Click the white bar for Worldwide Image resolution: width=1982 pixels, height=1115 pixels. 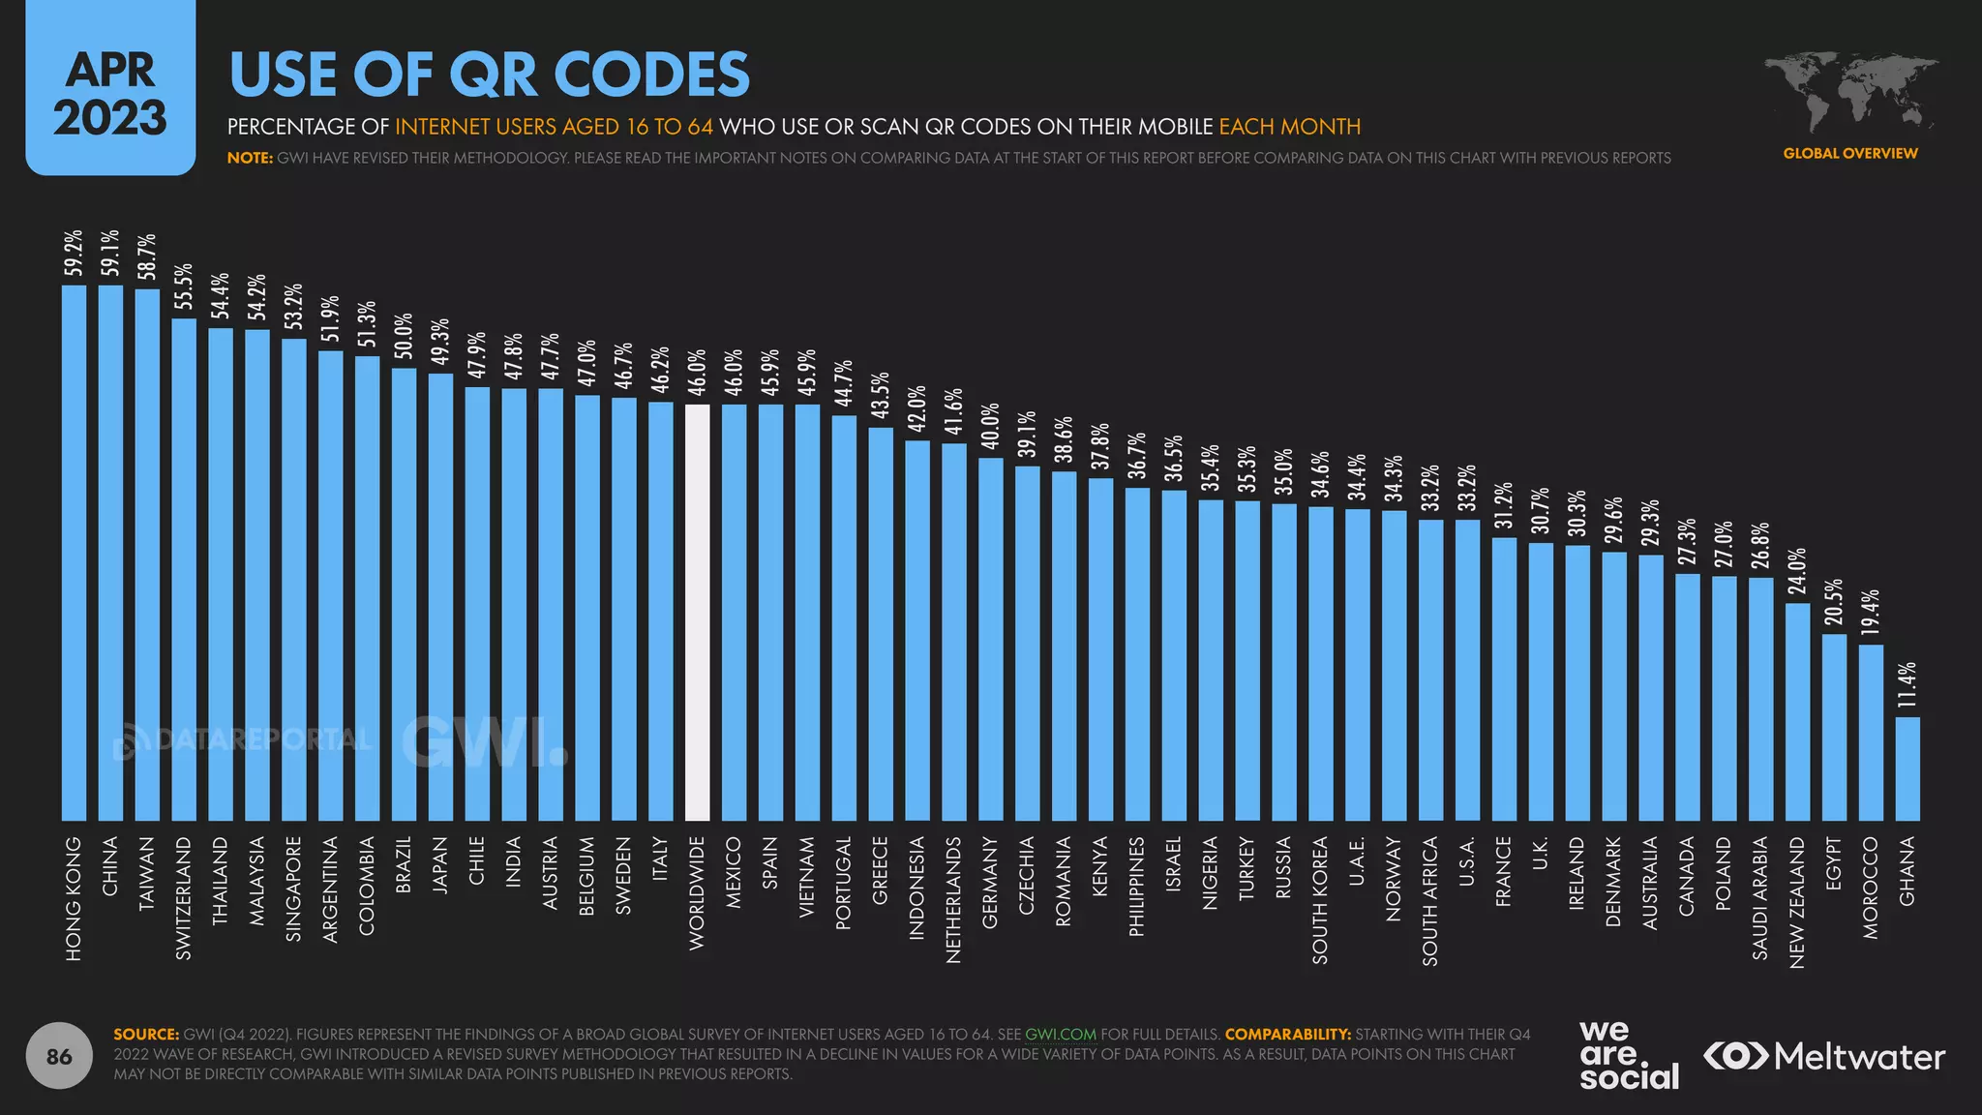[697, 612]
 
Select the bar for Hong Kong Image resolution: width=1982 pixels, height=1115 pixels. [74, 552]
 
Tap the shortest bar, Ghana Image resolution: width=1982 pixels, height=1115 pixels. [1907, 768]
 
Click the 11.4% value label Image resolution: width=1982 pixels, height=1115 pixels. [1907, 685]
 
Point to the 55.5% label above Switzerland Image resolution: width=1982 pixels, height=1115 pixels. [184, 286]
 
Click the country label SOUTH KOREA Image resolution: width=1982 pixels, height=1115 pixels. [1320, 900]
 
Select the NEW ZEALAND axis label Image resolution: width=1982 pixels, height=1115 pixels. [1797, 901]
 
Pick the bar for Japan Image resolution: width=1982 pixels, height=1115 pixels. [440, 597]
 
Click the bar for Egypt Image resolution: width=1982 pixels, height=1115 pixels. [1834, 727]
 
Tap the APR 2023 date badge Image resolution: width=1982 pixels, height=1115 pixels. [110, 92]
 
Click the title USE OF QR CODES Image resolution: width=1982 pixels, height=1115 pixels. [489, 75]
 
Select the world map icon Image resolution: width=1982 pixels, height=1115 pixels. [1849, 93]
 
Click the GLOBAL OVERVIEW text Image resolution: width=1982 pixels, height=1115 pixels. [1849, 153]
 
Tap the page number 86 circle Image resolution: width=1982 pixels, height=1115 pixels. [59, 1056]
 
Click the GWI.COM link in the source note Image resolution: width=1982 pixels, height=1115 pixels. [1060, 1034]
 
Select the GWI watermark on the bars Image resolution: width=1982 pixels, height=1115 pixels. [484, 742]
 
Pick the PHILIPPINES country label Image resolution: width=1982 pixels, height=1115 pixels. [1137, 886]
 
